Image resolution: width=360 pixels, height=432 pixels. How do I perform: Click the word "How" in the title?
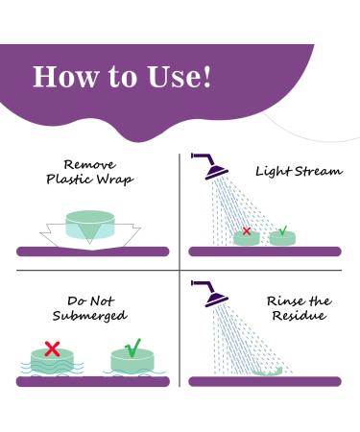point(63,77)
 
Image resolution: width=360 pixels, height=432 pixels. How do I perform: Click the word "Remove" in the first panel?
point(92,164)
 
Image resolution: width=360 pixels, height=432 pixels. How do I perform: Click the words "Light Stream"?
point(299,171)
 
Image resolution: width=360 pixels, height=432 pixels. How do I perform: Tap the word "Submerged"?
point(91,316)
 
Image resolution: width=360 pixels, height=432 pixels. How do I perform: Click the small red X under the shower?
point(247,231)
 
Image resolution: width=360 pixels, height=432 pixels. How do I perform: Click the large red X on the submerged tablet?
point(52,348)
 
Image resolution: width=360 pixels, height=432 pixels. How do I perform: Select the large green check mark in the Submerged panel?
point(132,347)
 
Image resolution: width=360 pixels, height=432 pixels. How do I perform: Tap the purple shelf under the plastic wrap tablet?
point(92,252)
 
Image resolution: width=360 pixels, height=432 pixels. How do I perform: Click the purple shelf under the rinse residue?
point(264,382)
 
